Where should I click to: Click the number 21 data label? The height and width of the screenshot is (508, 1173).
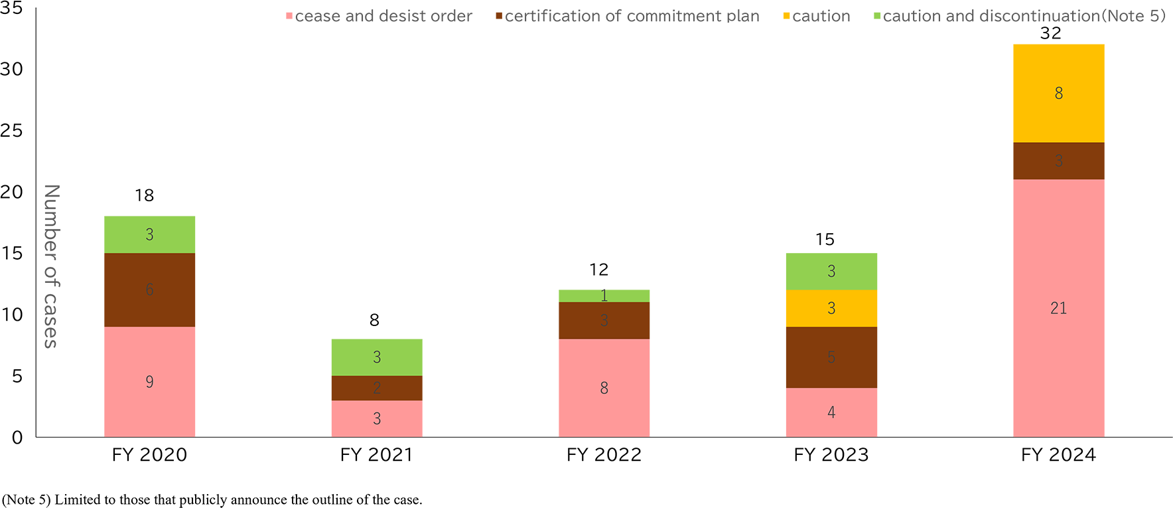click(1058, 307)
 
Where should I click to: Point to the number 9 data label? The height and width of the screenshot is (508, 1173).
click(149, 381)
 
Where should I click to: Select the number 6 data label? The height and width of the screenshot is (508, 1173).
click(149, 290)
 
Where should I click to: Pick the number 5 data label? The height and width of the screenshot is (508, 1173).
click(831, 357)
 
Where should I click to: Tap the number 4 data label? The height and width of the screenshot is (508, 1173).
click(831, 412)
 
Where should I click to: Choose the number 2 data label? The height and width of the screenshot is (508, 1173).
click(377, 388)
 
